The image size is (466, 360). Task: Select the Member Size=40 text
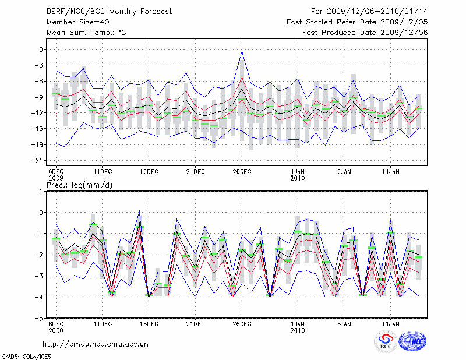[x=74, y=22]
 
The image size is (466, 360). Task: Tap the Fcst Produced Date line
[x=365, y=32]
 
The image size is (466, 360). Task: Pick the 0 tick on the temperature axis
[x=42, y=50]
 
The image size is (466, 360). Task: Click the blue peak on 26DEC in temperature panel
[x=242, y=52]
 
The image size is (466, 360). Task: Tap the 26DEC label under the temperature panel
[x=242, y=172]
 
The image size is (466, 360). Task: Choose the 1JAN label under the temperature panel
[x=298, y=172]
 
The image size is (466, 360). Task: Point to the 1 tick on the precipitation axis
[x=42, y=191]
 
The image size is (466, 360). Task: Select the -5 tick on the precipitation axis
[x=40, y=319]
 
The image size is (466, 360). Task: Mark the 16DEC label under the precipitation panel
[x=149, y=324]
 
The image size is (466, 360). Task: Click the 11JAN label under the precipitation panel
[x=390, y=324]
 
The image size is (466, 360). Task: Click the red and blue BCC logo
[x=386, y=342]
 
